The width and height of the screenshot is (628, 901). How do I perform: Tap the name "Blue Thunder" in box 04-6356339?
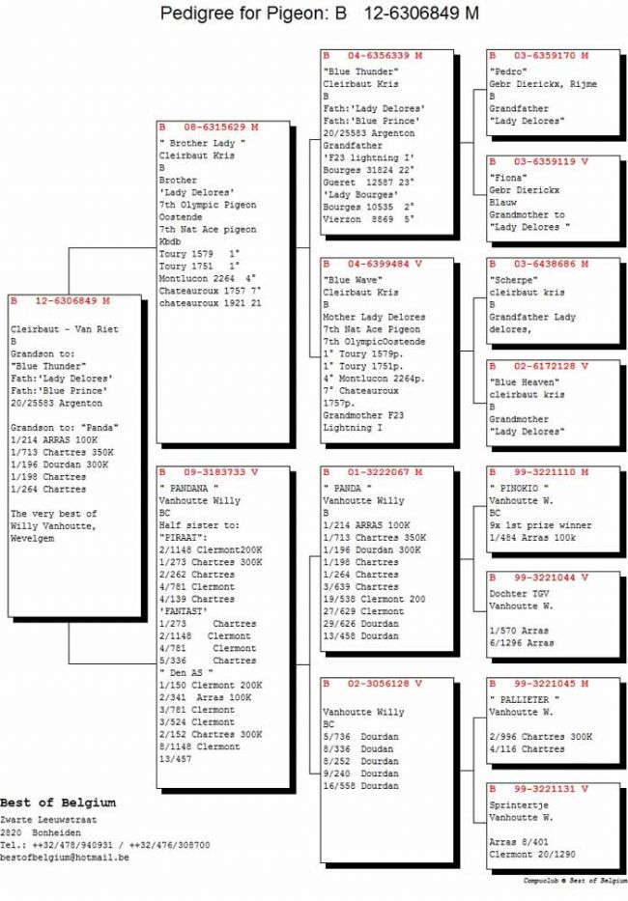click(x=360, y=71)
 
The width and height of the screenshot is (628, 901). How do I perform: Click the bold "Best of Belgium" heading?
click(x=58, y=802)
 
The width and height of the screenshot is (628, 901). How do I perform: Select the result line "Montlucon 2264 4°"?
click(x=206, y=278)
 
